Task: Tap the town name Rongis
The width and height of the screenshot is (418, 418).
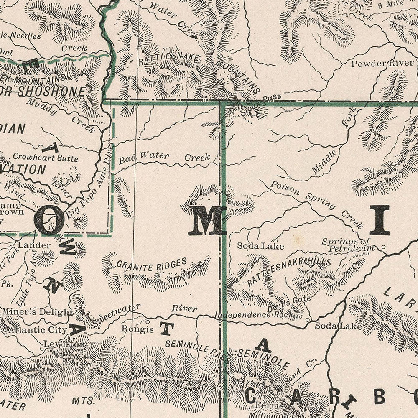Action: (x=135, y=329)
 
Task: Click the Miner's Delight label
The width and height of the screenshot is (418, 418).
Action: (x=38, y=312)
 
